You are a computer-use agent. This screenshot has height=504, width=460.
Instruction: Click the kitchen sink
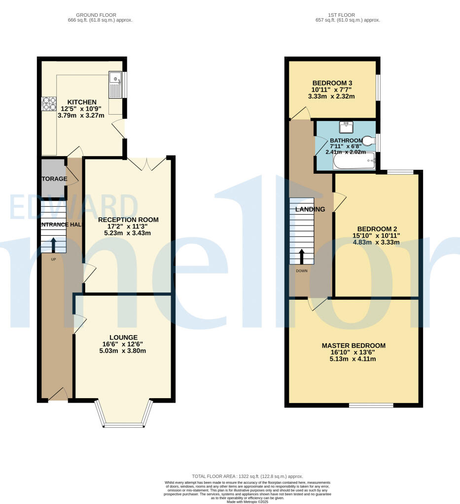pos(115,85)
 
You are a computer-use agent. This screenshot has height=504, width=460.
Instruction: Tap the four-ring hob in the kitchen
pos(49,103)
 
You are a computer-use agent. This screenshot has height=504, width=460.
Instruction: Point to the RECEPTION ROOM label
pos(128,220)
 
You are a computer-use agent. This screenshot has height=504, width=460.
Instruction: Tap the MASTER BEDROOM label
pos(354,346)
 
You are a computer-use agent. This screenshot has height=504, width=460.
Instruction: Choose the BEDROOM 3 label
pos(332,83)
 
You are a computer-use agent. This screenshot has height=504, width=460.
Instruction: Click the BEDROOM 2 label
pos(377,228)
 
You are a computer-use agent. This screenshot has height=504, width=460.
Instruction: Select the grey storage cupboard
pos(53,178)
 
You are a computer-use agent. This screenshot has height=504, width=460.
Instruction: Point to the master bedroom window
pos(371,406)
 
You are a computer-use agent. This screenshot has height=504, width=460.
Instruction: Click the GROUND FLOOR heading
pos(100,15)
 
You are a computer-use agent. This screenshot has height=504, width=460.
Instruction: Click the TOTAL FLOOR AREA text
pos(247,476)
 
